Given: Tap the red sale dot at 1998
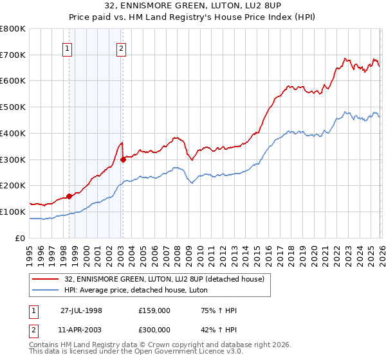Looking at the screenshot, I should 69,197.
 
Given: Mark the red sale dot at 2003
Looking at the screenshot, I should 123,159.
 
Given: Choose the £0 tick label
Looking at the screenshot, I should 21,238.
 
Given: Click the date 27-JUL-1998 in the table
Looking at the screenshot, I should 81,310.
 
